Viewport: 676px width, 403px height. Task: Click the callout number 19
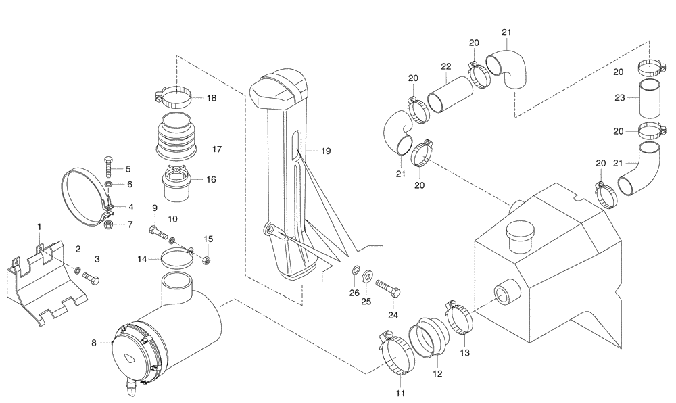[326, 152]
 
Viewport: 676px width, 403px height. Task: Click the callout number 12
[436, 373]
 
